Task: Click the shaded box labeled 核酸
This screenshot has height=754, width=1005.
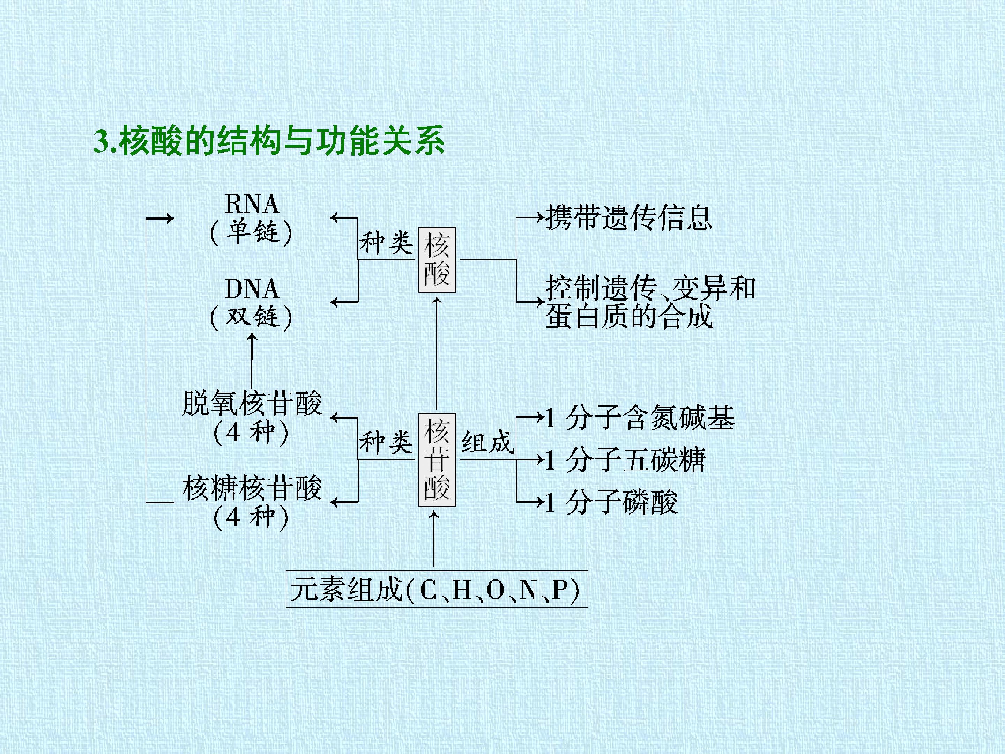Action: (x=437, y=260)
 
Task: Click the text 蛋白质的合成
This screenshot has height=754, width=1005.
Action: (x=629, y=316)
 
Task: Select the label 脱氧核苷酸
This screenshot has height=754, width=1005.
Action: (x=252, y=403)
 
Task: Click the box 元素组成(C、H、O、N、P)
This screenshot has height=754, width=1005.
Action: (x=437, y=589)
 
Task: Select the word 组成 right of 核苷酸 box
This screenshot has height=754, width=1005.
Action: (x=487, y=442)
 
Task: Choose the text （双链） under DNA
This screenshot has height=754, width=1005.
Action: (x=252, y=317)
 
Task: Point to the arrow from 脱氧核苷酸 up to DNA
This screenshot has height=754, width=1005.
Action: (x=252, y=361)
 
